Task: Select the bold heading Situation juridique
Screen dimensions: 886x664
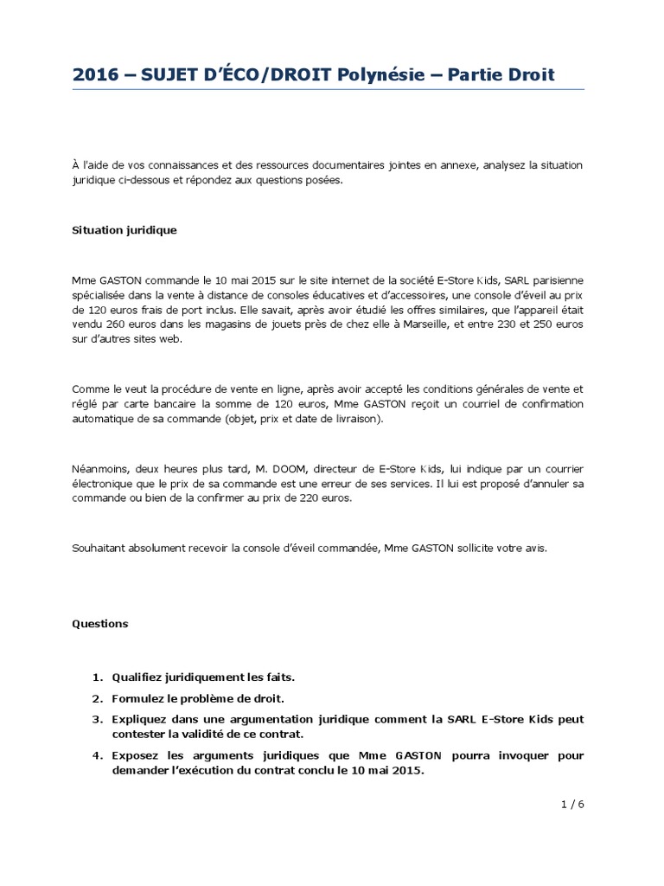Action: click(124, 230)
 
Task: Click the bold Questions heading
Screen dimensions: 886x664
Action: click(99, 623)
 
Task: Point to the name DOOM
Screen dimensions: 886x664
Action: click(262, 468)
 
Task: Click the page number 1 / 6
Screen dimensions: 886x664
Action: click(572, 804)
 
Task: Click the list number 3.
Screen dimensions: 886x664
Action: click(98, 719)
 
